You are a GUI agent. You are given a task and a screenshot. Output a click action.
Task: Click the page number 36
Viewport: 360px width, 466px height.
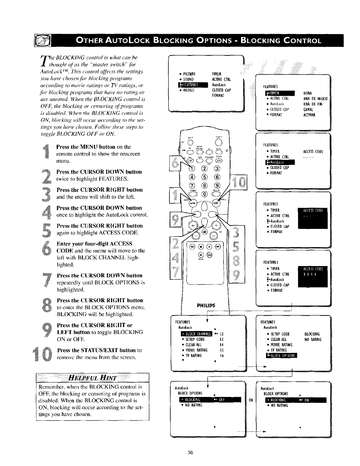point(190,453)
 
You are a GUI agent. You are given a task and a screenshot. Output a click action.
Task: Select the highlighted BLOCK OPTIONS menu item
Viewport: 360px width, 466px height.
point(281,356)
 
